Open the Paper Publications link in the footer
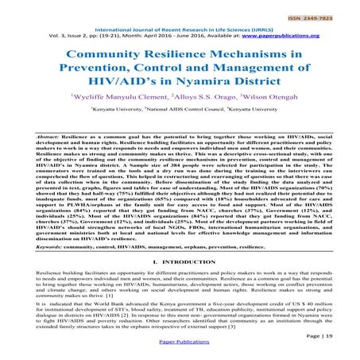[180, 349]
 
